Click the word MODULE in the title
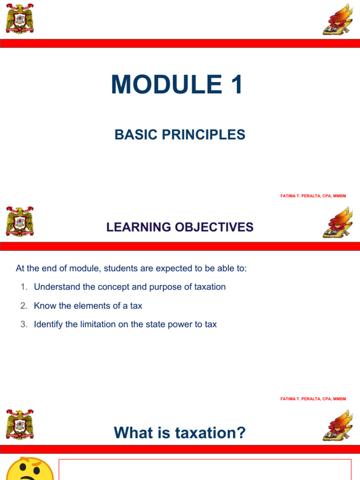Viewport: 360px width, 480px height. [x=167, y=84]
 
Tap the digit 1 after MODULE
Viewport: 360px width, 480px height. [x=237, y=84]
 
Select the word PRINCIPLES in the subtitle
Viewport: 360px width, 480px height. [x=203, y=135]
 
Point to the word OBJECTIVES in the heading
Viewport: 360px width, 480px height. [x=214, y=227]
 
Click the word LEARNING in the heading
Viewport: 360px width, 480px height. [x=139, y=227]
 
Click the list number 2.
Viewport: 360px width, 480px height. [x=24, y=306]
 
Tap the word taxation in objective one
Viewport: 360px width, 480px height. [x=210, y=287]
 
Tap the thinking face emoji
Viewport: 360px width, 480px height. [x=30, y=469]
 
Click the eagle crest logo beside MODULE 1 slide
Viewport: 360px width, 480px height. [x=20, y=19]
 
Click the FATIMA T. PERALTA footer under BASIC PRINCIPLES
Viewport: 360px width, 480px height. [x=313, y=196]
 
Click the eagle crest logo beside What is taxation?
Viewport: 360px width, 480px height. [x=20, y=425]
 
